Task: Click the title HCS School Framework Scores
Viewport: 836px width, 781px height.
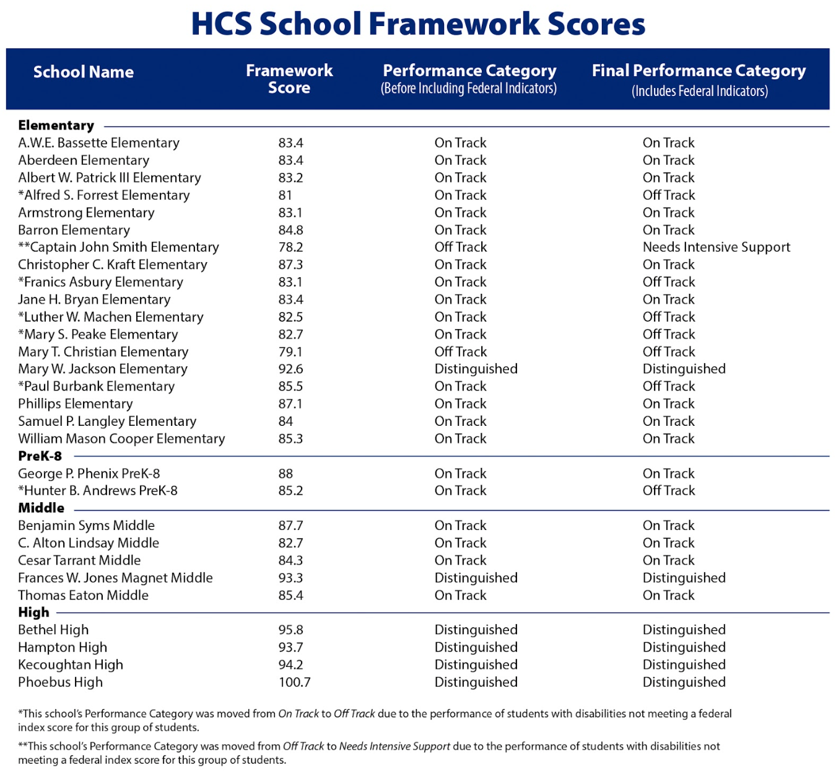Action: [x=418, y=24]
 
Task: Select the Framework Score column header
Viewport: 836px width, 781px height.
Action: [x=289, y=79]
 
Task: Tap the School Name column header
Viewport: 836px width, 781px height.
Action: [x=84, y=72]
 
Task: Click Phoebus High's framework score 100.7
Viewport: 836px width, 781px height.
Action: [x=294, y=682]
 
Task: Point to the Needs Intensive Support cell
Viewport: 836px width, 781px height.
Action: [x=716, y=247]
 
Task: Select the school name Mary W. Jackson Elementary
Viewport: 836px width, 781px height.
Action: [x=103, y=369]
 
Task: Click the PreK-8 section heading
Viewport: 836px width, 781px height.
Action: [x=40, y=456]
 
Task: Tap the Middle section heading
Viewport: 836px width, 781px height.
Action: [x=41, y=508]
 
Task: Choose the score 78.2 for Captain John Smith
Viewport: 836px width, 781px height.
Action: [x=290, y=247]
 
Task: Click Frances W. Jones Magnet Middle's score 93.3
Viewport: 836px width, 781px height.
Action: [x=290, y=578]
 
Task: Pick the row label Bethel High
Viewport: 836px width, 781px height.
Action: [x=53, y=630]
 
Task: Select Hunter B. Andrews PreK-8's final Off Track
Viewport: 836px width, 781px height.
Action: [x=669, y=490]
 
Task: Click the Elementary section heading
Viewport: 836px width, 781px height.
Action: [x=56, y=125]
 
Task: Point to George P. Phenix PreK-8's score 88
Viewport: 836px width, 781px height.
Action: [x=285, y=474]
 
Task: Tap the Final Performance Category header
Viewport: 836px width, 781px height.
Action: [x=699, y=79]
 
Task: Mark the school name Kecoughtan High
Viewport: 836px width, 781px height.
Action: [x=71, y=664]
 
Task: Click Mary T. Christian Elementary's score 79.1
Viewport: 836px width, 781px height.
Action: [x=290, y=351]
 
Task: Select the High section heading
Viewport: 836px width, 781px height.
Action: [x=33, y=612]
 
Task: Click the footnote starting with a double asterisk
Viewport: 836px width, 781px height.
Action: [x=369, y=752]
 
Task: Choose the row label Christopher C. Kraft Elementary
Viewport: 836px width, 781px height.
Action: [x=113, y=265]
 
